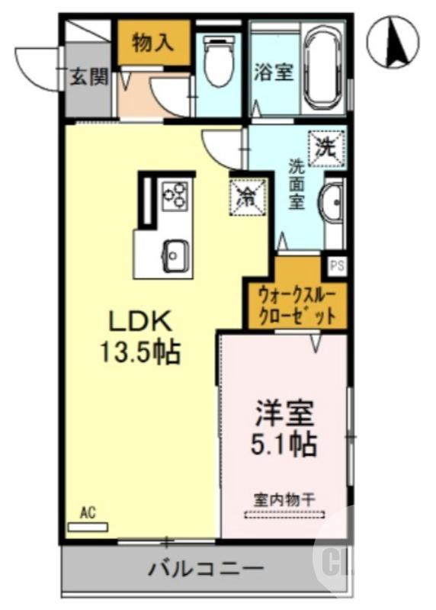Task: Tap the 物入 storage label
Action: (152, 43)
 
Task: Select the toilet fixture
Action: (218, 61)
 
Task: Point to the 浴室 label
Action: (273, 73)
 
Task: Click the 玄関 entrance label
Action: (88, 78)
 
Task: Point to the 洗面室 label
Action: (296, 184)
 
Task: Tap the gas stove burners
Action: (175, 194)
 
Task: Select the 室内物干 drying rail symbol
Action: (284, 515)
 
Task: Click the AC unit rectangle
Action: (88, 526)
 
